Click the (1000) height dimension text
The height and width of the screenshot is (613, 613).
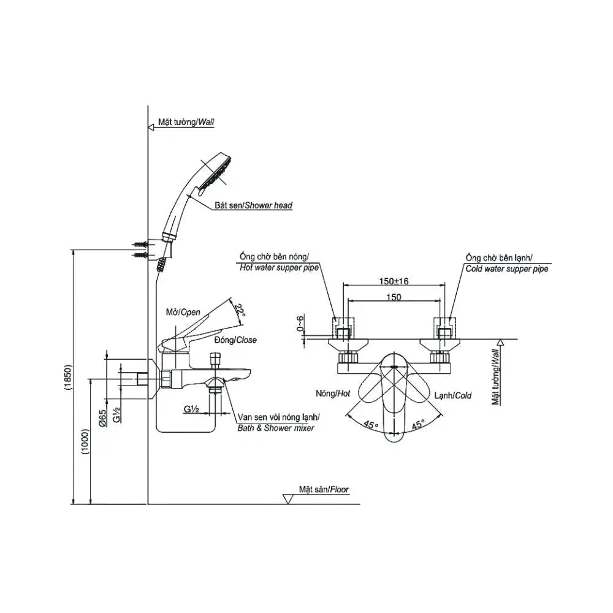pyautogui.click(x=86, y=442)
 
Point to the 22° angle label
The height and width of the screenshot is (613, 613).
pyautogui.click(x=241, y=312)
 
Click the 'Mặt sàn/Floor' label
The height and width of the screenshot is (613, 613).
pyautogui.click(x=324, y=489)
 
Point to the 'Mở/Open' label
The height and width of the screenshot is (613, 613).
pyautogui.click(x=181, y=313)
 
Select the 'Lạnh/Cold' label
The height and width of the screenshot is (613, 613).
pyautogui.click(x=454, y=395)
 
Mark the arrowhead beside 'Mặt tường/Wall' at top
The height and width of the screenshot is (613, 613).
pyautogui.click(x=151, y=127)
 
